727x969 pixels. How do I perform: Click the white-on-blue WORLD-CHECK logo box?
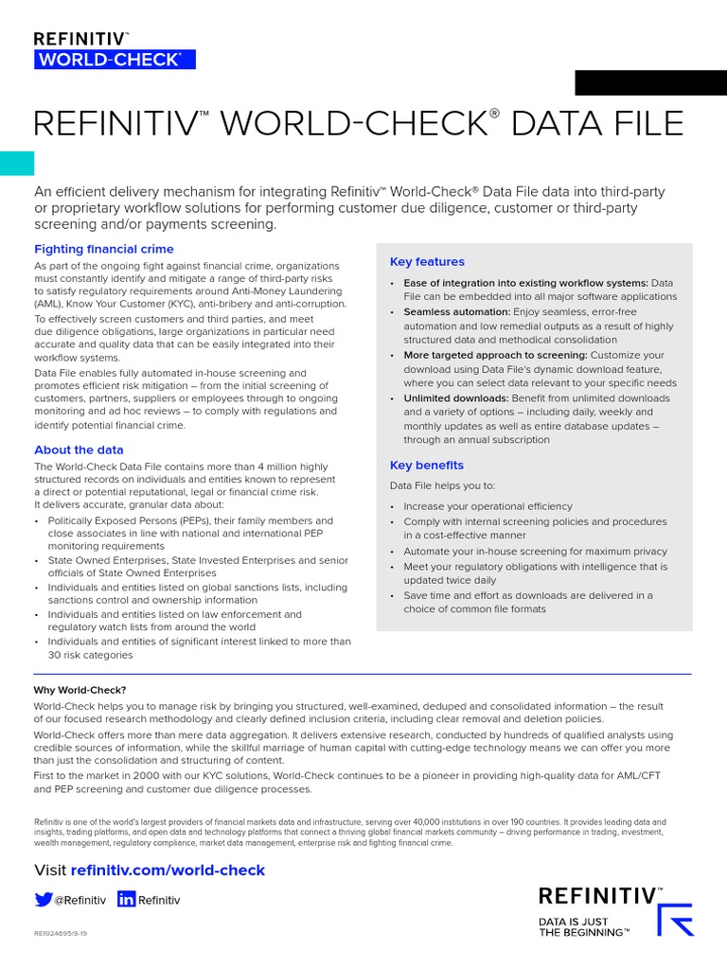(107, 60)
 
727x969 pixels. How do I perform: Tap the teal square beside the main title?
(17, 163)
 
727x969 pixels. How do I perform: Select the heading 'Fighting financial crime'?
(104, 249)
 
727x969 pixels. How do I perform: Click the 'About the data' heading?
(79, 449)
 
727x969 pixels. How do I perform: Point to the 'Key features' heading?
(427, 261)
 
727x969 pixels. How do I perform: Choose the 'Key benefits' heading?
(427, 465)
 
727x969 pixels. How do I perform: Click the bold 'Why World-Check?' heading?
(80, 690)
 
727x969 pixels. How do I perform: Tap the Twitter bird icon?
(44, 900)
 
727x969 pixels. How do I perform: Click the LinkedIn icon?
(126, 900)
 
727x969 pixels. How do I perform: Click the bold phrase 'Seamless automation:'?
(456, 311)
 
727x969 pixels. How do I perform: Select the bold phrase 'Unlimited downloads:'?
(457, 398)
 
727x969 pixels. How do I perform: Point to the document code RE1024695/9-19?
(61, 933)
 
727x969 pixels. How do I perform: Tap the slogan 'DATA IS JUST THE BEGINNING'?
(584, 925)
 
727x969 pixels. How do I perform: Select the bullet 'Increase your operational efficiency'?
(488, 506)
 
